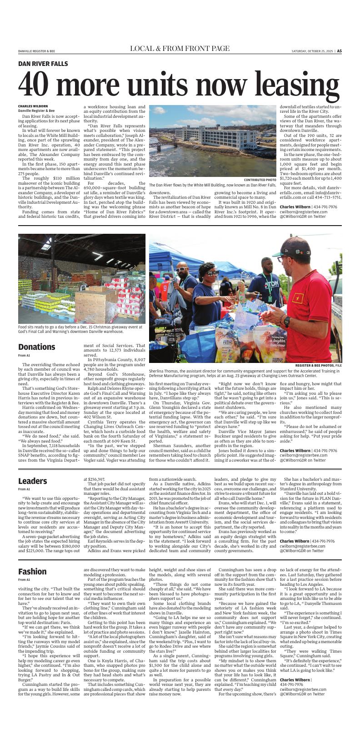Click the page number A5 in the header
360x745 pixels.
339,51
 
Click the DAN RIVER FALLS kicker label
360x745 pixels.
43,64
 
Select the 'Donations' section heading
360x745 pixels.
37,347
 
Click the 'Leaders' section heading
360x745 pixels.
32,481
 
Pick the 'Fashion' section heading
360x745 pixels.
32,571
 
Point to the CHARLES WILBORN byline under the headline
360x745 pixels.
33,106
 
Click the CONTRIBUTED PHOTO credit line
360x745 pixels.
260,180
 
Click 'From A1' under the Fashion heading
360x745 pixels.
24,580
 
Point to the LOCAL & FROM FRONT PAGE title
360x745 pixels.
180,49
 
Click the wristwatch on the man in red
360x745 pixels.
287,322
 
